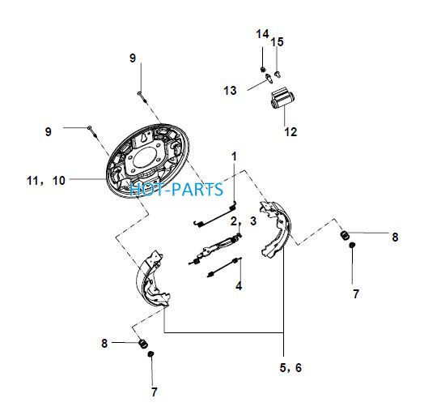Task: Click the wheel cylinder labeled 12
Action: [x=282, y=98]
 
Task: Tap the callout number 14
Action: [x=262, y=34]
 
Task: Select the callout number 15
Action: [x=277, y=42]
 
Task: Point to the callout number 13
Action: [x=230, y=90]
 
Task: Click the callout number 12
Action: [x=290, y=132]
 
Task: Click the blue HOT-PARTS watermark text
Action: [x=176, y=189]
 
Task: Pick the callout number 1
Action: [x=234, y=156]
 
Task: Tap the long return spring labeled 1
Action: [x=215, y=214]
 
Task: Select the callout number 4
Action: [x=239, y=286]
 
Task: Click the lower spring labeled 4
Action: [x=224, y=268]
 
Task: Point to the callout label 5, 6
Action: [x=290, y=368]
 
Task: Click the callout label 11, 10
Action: [x=46, y=181]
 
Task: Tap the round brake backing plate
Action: [x=147, y=161]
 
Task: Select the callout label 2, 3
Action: [x=244, y=221]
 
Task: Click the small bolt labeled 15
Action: [x=278, y=74]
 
